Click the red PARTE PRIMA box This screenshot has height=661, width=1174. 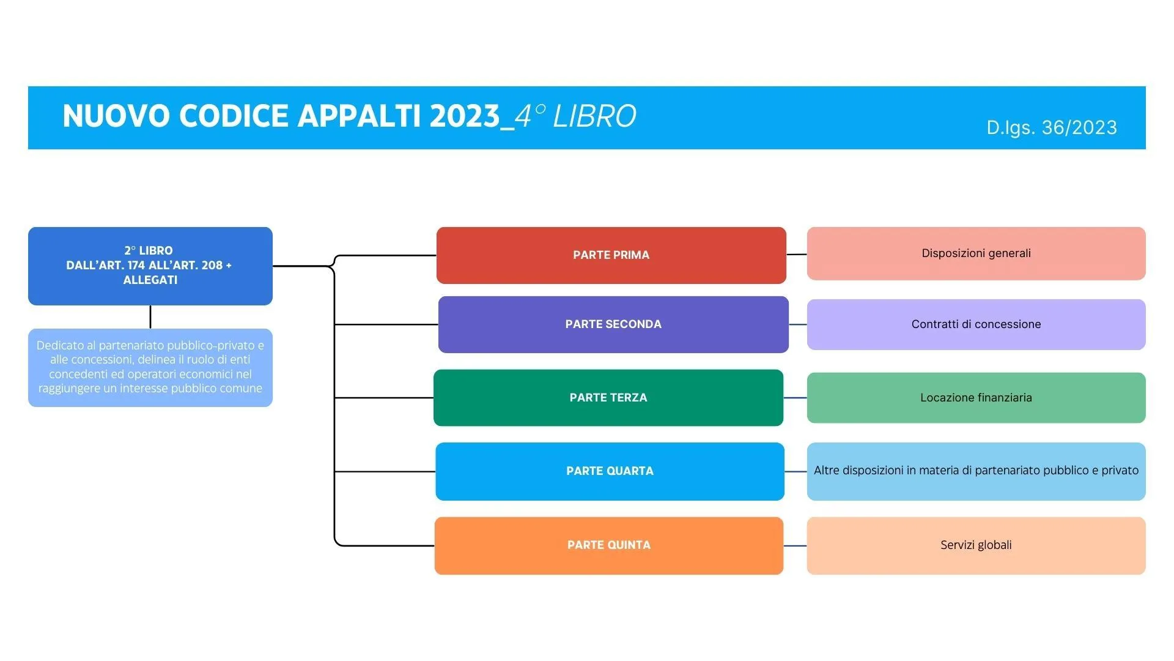[x=611, y=255]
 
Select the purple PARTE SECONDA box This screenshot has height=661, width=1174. [x=613, y=324]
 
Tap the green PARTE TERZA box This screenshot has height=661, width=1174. [x=608, y=398]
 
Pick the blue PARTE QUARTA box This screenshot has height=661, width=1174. [x=610, y=471]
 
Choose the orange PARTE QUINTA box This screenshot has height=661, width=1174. [x=608, y=545]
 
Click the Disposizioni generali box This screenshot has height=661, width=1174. [x=976, y=253]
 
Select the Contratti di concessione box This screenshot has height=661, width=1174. [x=976, y=324]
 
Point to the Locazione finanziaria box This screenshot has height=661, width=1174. [x=976, y=398]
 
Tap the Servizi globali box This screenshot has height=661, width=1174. [x=976, y=545]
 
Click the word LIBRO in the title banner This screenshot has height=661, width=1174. [x=594, y=116]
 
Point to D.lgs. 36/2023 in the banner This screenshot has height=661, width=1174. [x=1051, y=127]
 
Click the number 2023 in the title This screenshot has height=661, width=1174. [x=465, y=116]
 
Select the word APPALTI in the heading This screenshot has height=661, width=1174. [x=360, y=116]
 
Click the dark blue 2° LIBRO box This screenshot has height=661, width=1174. [x=150, y=266]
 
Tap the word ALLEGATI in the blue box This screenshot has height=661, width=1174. [x=150, y=280]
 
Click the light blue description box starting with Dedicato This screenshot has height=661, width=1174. [x=150, y=367]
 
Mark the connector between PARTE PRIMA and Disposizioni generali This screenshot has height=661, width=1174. [x=796, y=254]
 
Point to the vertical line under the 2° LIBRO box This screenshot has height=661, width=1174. [x=150, y=317]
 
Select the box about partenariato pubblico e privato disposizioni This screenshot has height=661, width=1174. [x=976, y=471]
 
